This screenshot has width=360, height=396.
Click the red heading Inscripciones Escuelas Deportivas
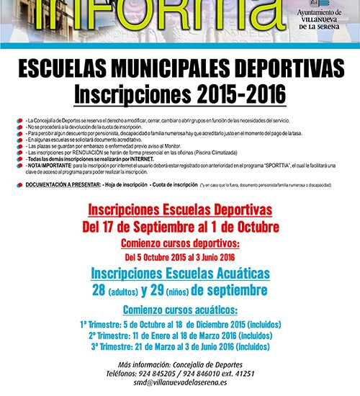(180, 210)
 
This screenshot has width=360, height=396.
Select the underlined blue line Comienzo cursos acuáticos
(180, 310)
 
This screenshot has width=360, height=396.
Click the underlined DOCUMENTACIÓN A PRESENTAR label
(58, 185)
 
